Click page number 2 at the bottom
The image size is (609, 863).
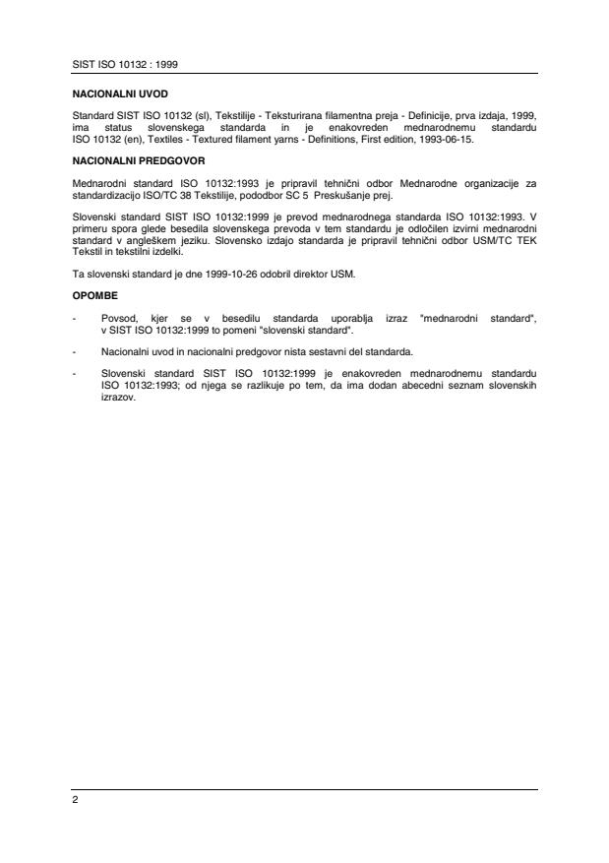tap(75, 800)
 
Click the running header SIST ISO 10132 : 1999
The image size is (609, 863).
tap(121, 64)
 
